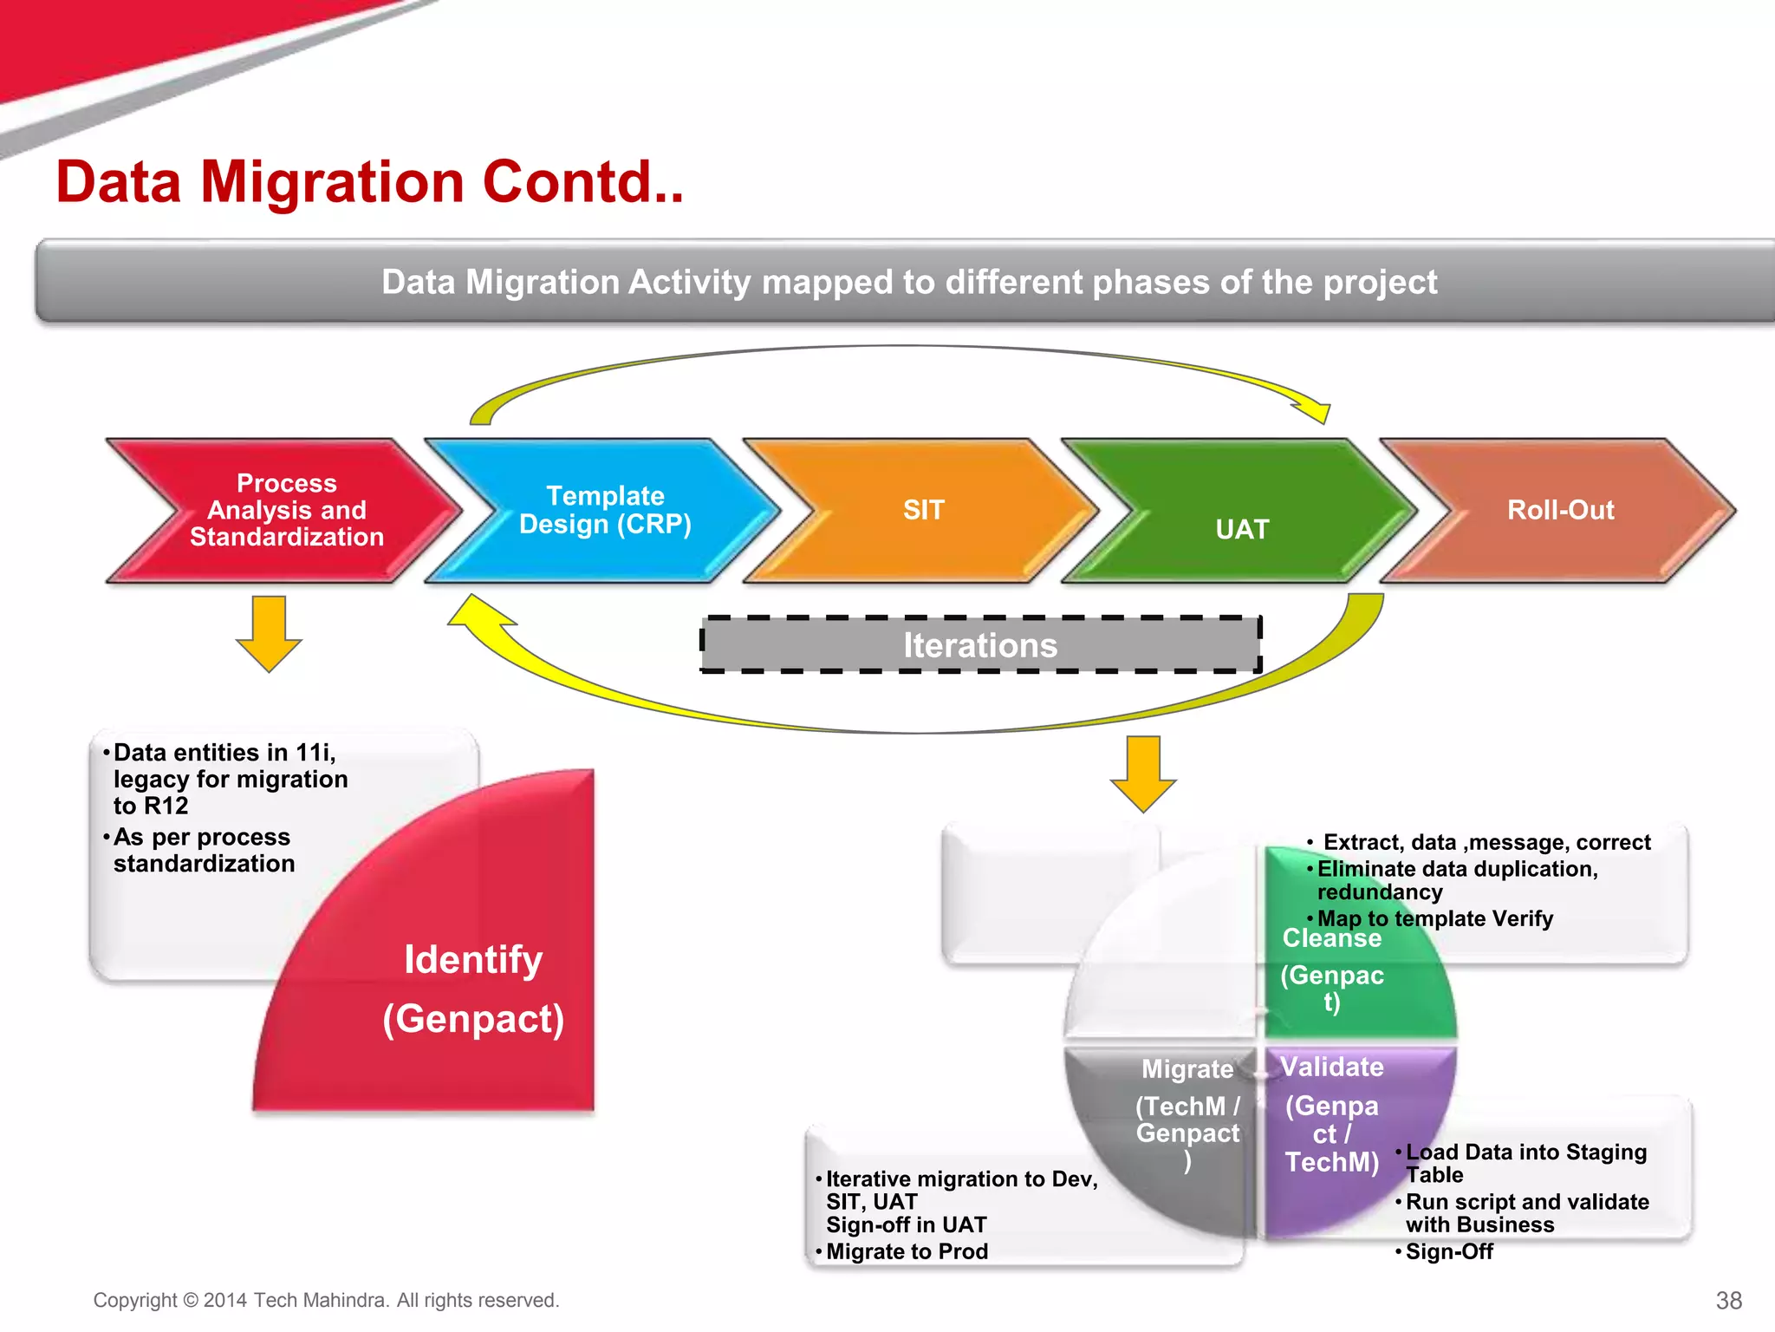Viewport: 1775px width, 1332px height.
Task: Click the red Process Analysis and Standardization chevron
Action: pyautogui.click(x=286, y=510)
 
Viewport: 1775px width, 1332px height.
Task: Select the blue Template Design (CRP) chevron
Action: pyautogui.click(x=605, y=510)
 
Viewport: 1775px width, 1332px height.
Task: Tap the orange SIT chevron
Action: pyautogui.click(x=924, y=510)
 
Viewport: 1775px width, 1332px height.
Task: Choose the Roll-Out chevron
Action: pyautogui.click(x=1560, y=510)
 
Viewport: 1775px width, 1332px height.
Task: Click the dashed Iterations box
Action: pyautogui.click(x=980, y=645)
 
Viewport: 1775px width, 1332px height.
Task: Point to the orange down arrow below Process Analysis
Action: pyautogui.click(x=269, y=633)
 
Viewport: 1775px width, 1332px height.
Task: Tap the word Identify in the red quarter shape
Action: pyautogui.click(x=473, y=960)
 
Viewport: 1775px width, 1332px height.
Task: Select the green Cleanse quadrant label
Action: pyautogui.click(x=1331, y=939)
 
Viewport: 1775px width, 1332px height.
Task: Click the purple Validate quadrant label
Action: pyautogui.click(x=1331, y=1068)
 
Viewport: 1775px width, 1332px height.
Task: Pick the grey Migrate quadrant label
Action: pyautogui.click(x=1187, y=1069)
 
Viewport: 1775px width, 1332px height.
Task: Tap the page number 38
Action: pyautogui.click(x=1728, y=1300)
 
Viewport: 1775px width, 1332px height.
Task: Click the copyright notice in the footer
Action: pyautogui.click(x=326, y=1300)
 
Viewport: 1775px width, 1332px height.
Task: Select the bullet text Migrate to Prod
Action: pyautogui.click(x=907, y=1251)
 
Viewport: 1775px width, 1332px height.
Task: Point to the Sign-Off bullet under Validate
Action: pyautogui.click(x=1449, y=1251)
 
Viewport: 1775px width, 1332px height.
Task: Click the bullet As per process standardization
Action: pyautogui.click(x=204, y=850)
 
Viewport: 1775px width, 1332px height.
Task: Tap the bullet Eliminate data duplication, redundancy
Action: pyautogui.click(x=1456, y=880)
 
